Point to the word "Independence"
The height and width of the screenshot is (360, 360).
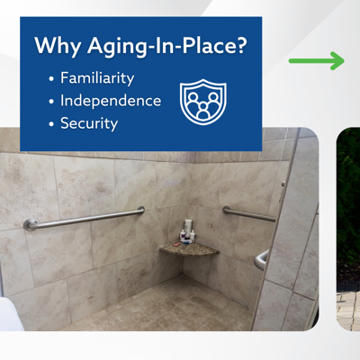click(111, 100)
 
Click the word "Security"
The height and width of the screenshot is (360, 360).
click(89, 123)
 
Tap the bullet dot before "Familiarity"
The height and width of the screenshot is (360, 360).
click(50, 78)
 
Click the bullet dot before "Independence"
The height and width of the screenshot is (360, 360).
click(50, 101)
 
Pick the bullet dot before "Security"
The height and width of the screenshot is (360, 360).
click(50, 124)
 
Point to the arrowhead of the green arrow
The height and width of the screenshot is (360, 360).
click(337, 61)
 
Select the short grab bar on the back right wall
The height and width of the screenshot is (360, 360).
click(249, 214)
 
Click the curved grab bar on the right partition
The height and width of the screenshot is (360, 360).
click(260, 260)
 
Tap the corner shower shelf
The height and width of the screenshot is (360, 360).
click(189, 250)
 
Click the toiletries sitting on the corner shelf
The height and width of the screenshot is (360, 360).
click(187, 234)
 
